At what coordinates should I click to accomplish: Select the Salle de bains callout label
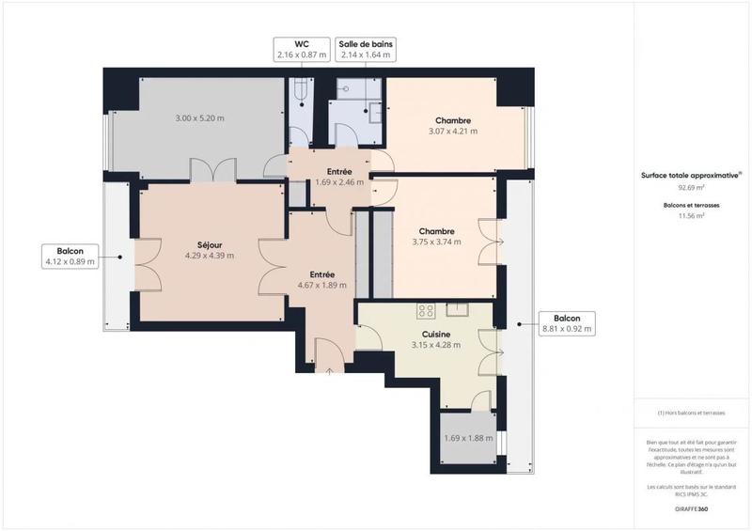[366, 50]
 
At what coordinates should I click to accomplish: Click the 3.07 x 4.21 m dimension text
[452, 132]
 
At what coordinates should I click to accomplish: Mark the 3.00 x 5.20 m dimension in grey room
[200, 118]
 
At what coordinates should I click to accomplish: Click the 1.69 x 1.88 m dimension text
[468, 437]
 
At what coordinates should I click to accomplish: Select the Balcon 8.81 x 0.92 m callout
[566, 324]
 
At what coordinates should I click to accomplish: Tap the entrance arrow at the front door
[330, 372]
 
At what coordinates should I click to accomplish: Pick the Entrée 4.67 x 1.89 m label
[322, 279]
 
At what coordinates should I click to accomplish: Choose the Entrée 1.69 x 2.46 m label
[339, 177]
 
